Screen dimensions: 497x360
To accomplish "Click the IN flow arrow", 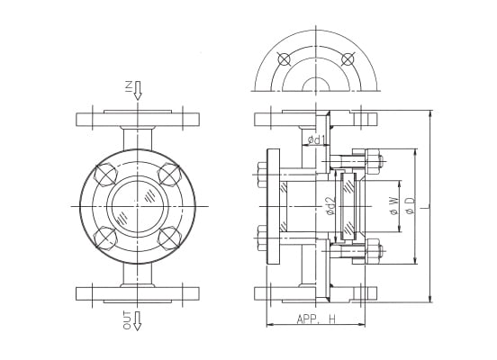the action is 138,90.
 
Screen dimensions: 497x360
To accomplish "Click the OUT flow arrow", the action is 137,321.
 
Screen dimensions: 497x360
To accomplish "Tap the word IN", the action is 129,85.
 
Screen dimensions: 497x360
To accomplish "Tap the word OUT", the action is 127,320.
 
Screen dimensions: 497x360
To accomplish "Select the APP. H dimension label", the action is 316,319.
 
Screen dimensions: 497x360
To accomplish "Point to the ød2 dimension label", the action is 330,206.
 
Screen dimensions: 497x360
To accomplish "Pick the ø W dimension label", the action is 393,206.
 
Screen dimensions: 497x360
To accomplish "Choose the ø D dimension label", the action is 411,205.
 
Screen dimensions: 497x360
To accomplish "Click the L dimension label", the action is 424,207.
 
